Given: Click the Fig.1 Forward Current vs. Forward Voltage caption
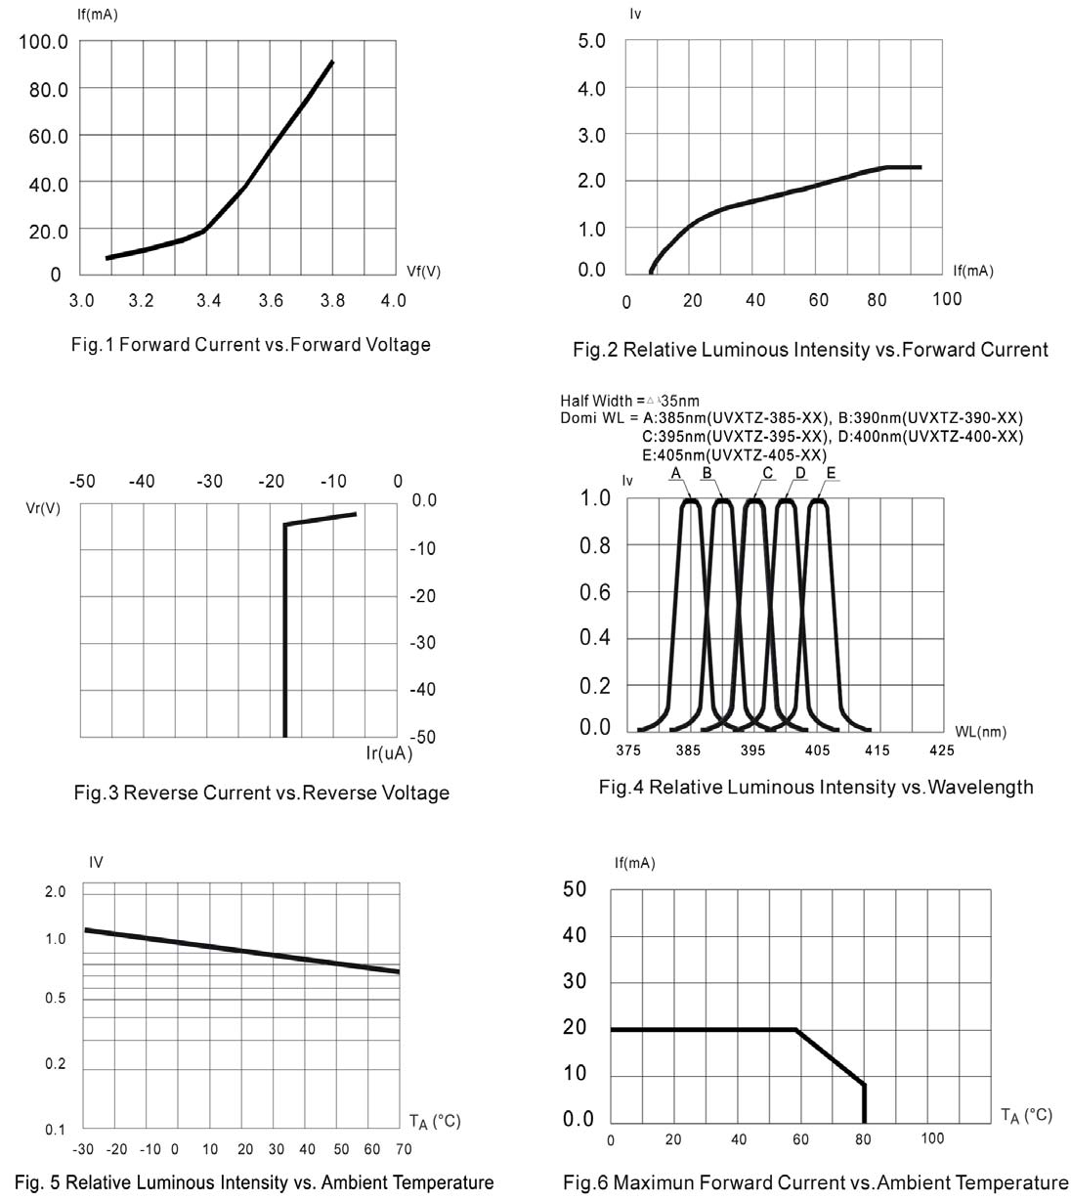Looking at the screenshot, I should point(251,345).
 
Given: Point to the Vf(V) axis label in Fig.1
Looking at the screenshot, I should point(423,272).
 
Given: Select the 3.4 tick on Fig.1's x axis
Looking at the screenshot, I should point(208,300).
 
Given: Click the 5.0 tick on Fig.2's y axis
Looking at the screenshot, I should point(592,42).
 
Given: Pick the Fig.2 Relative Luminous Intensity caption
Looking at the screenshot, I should point(810,350).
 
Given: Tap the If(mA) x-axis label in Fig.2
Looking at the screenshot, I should point(972,271).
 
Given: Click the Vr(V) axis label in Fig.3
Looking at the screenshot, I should point(42,508).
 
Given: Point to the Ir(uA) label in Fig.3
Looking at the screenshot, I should point(389,754).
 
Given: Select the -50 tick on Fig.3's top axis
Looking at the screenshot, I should point(82,481).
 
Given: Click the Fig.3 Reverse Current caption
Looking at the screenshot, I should point(261,793).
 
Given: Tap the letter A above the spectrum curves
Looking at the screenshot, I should point(674,473).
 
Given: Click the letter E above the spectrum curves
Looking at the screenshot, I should point(831,473).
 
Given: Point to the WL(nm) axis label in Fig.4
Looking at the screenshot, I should point(980,731).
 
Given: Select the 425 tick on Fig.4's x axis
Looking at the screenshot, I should point(941,750).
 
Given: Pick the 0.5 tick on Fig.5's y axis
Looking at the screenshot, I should point(55,998).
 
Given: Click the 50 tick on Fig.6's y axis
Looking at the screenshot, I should point(575,889).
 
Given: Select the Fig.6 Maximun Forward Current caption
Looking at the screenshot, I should point(816,1183).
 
